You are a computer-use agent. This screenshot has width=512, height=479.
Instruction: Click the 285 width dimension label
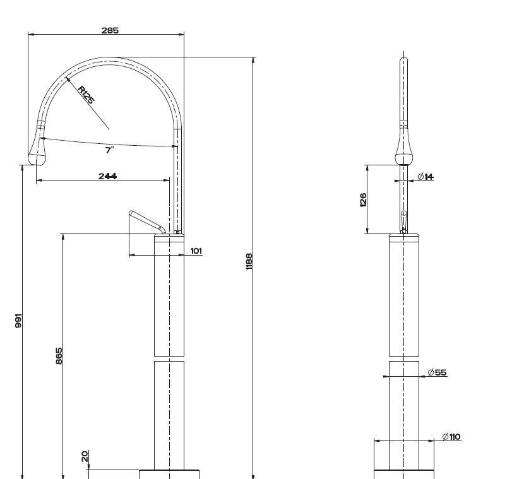tap(109, 30)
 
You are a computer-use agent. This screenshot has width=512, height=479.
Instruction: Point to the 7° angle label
tap(109, 150)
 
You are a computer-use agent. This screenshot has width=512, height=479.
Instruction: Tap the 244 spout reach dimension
tap(107, 176)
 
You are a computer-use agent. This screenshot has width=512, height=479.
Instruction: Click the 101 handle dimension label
tap(196, 251)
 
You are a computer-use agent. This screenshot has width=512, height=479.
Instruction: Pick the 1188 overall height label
tap(249, 262)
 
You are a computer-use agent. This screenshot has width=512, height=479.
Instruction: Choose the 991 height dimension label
tap(19, 321)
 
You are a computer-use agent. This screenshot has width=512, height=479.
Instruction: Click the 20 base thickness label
tap(85, 456)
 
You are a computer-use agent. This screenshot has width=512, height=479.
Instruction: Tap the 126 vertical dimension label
tap(363, 200)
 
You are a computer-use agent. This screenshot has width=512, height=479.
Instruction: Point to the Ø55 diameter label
tap(437, 372)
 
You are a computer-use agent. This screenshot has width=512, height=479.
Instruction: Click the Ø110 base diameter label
tap(451, 437)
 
